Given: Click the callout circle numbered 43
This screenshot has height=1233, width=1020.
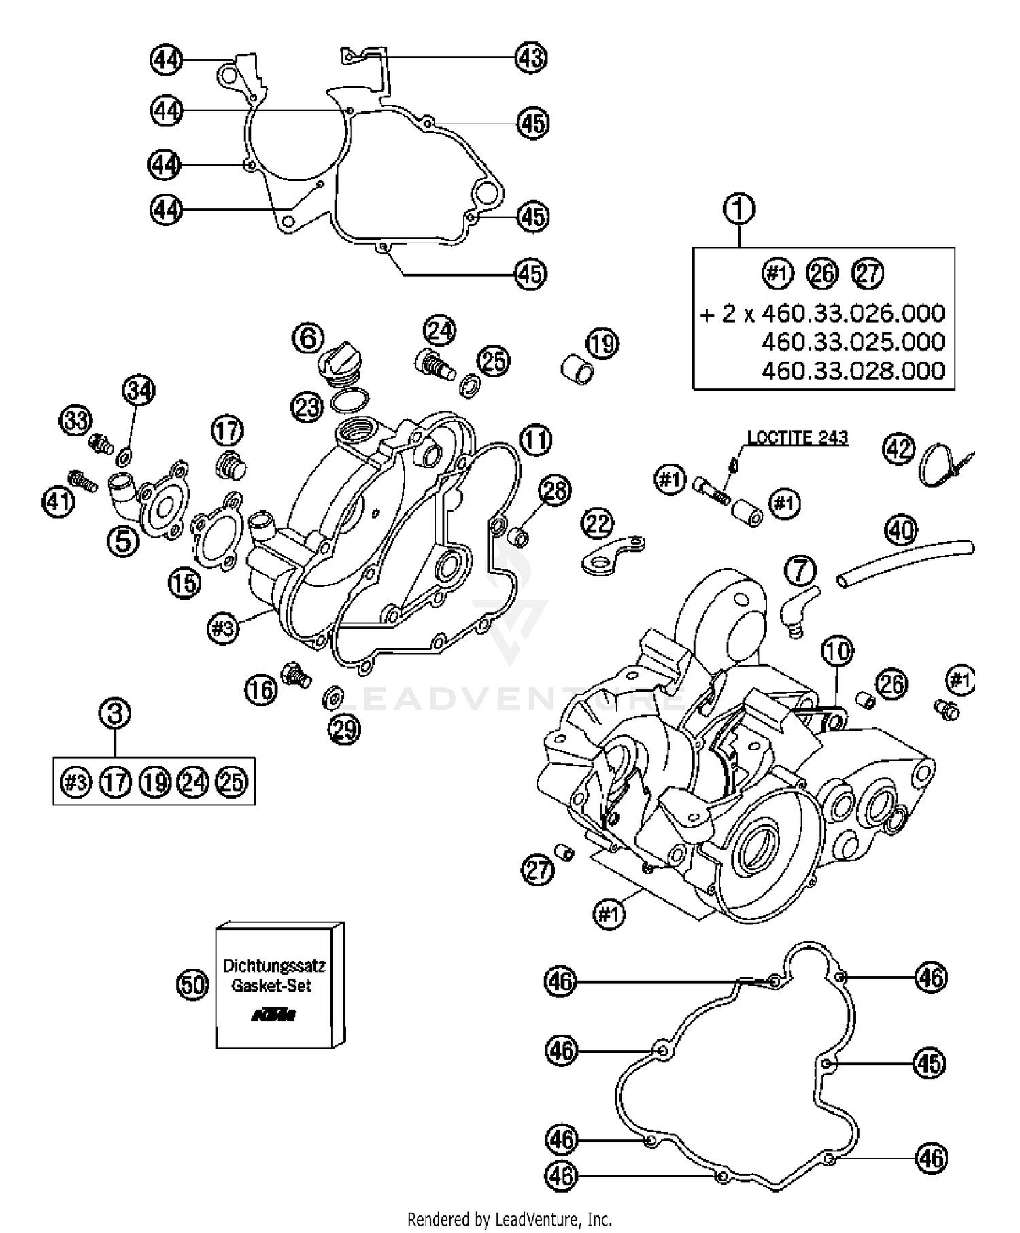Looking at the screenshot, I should pyautogui.click(x=530, y=57).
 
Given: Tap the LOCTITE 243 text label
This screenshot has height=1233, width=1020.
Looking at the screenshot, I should pyautogui.click(x=798, y=437).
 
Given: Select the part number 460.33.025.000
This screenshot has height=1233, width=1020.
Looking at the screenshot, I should pyautogui.click(x=853, y=341).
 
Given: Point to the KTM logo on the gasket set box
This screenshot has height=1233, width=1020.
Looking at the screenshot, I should pyautogui.click(x=274, y=1015).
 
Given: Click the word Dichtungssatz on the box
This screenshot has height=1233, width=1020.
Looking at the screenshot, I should pyautogui.click(x=274, y=966).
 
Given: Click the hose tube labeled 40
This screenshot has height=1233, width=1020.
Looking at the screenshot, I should pyautogui.click(x=904, y=558).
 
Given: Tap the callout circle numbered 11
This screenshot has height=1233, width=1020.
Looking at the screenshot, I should pyautogui.click(x=536, y=441).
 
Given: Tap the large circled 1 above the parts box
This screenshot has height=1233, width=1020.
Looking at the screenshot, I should pyautogui.click(x=739, y=209).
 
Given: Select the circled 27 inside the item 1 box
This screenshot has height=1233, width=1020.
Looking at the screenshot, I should pyautogui.click(x=868, y=274).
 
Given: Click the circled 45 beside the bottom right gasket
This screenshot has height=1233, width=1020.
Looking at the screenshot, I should pyautogui.click(x=929, y=1062).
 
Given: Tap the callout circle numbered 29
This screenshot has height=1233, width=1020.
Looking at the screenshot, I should pyautogui.click(x=345, y=729).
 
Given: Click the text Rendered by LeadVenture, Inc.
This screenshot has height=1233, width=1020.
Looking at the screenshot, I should pyautogui.click(x=509, y=1218).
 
